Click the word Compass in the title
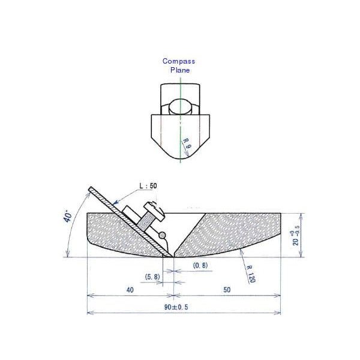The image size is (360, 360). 178,61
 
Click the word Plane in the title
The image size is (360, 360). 179,70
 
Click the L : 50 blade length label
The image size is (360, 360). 148,187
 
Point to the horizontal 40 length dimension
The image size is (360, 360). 130,289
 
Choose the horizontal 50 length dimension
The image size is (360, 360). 227,289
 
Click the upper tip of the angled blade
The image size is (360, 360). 90,189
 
